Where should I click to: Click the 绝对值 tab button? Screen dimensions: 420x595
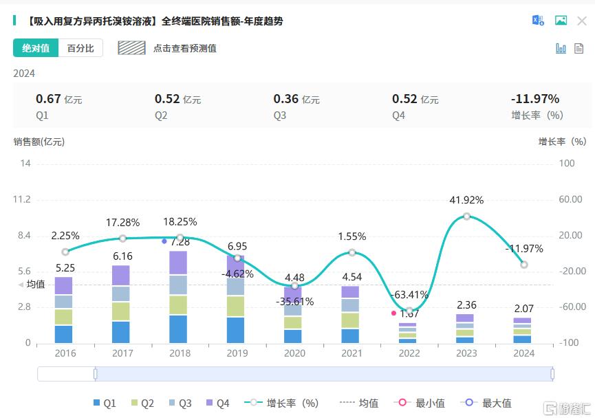click(36, 48)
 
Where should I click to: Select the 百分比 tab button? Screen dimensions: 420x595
click(80, 48)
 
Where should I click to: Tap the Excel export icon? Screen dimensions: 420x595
click(538, 21)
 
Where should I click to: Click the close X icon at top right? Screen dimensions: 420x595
click(582, 21)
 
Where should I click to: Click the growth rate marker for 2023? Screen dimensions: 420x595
click(467, 216)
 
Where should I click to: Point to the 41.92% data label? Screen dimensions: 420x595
click(467, 201)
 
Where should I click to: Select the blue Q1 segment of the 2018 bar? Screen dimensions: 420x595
click(180, 329)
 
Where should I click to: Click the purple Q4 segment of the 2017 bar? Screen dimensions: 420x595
click(122, 275)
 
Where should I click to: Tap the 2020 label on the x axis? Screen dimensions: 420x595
click(294, 353)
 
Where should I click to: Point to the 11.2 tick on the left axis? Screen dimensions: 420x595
click(22, 199)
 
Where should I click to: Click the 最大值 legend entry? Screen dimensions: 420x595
click(489, 404)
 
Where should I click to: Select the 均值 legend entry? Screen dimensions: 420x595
click(362, 404)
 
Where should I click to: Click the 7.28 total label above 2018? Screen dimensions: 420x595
click(180, 242)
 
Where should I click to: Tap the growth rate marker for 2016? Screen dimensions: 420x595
click(65, 252)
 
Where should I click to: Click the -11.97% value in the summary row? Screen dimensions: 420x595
click(535, 99)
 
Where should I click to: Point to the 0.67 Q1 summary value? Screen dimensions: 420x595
click(48, 99)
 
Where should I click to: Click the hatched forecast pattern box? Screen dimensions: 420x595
click(131, 48)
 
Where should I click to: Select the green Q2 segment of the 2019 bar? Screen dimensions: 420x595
click(237, 306)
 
